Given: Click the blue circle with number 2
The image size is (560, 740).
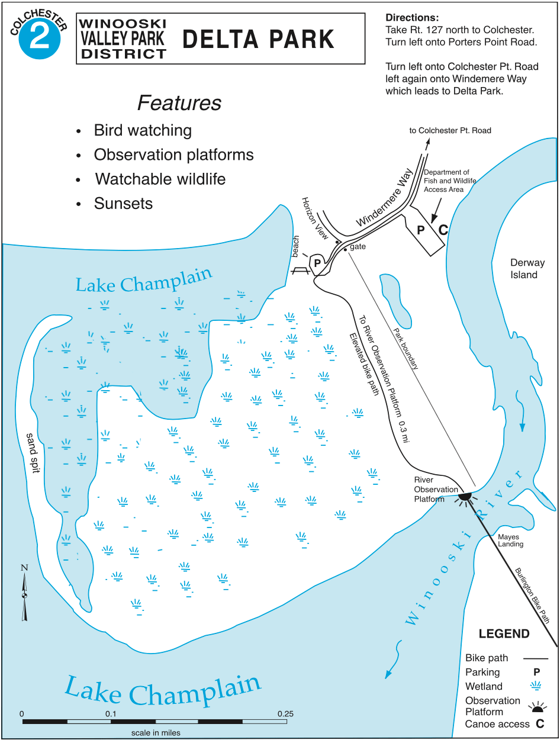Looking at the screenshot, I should pos(40,38).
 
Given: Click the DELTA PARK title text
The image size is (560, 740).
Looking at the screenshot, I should pos(259,39).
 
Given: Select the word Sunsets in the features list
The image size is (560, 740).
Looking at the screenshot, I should pos(123,204).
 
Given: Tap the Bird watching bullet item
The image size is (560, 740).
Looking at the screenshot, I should pos(143,131).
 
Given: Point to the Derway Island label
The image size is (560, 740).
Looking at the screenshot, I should pos(527,269).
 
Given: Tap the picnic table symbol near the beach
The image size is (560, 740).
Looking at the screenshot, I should pos(300,270).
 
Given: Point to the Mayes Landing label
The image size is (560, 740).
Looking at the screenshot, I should pos(510,540).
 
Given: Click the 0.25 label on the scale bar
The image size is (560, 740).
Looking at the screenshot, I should pos(286,713).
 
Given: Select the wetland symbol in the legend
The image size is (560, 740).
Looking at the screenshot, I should pos(537,687).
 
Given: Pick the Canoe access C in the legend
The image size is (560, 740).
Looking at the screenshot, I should pos(539,724).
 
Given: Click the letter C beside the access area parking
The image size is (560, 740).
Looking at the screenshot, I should pos(443,230).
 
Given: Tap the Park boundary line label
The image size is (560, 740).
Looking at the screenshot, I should pos(405,349).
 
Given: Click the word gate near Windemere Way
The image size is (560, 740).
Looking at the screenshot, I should pos(358,247).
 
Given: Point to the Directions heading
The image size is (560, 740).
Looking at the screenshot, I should pos(412,18).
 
